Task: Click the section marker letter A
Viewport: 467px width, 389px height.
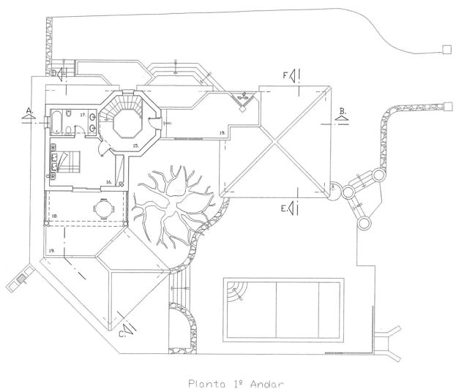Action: point(29,110)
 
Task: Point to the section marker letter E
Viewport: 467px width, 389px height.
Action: point(283,208)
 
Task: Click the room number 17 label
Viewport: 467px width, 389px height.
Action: point(83,116)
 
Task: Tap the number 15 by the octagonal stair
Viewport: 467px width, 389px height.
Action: point(135,146)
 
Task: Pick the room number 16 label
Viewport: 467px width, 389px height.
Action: point(108,181)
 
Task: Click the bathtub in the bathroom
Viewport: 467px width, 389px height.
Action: point(57,119)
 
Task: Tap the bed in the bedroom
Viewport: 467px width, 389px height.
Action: point(68,160)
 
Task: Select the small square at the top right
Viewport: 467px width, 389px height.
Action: point(444,50)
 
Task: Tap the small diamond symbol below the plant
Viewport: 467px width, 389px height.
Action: point(242,110)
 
